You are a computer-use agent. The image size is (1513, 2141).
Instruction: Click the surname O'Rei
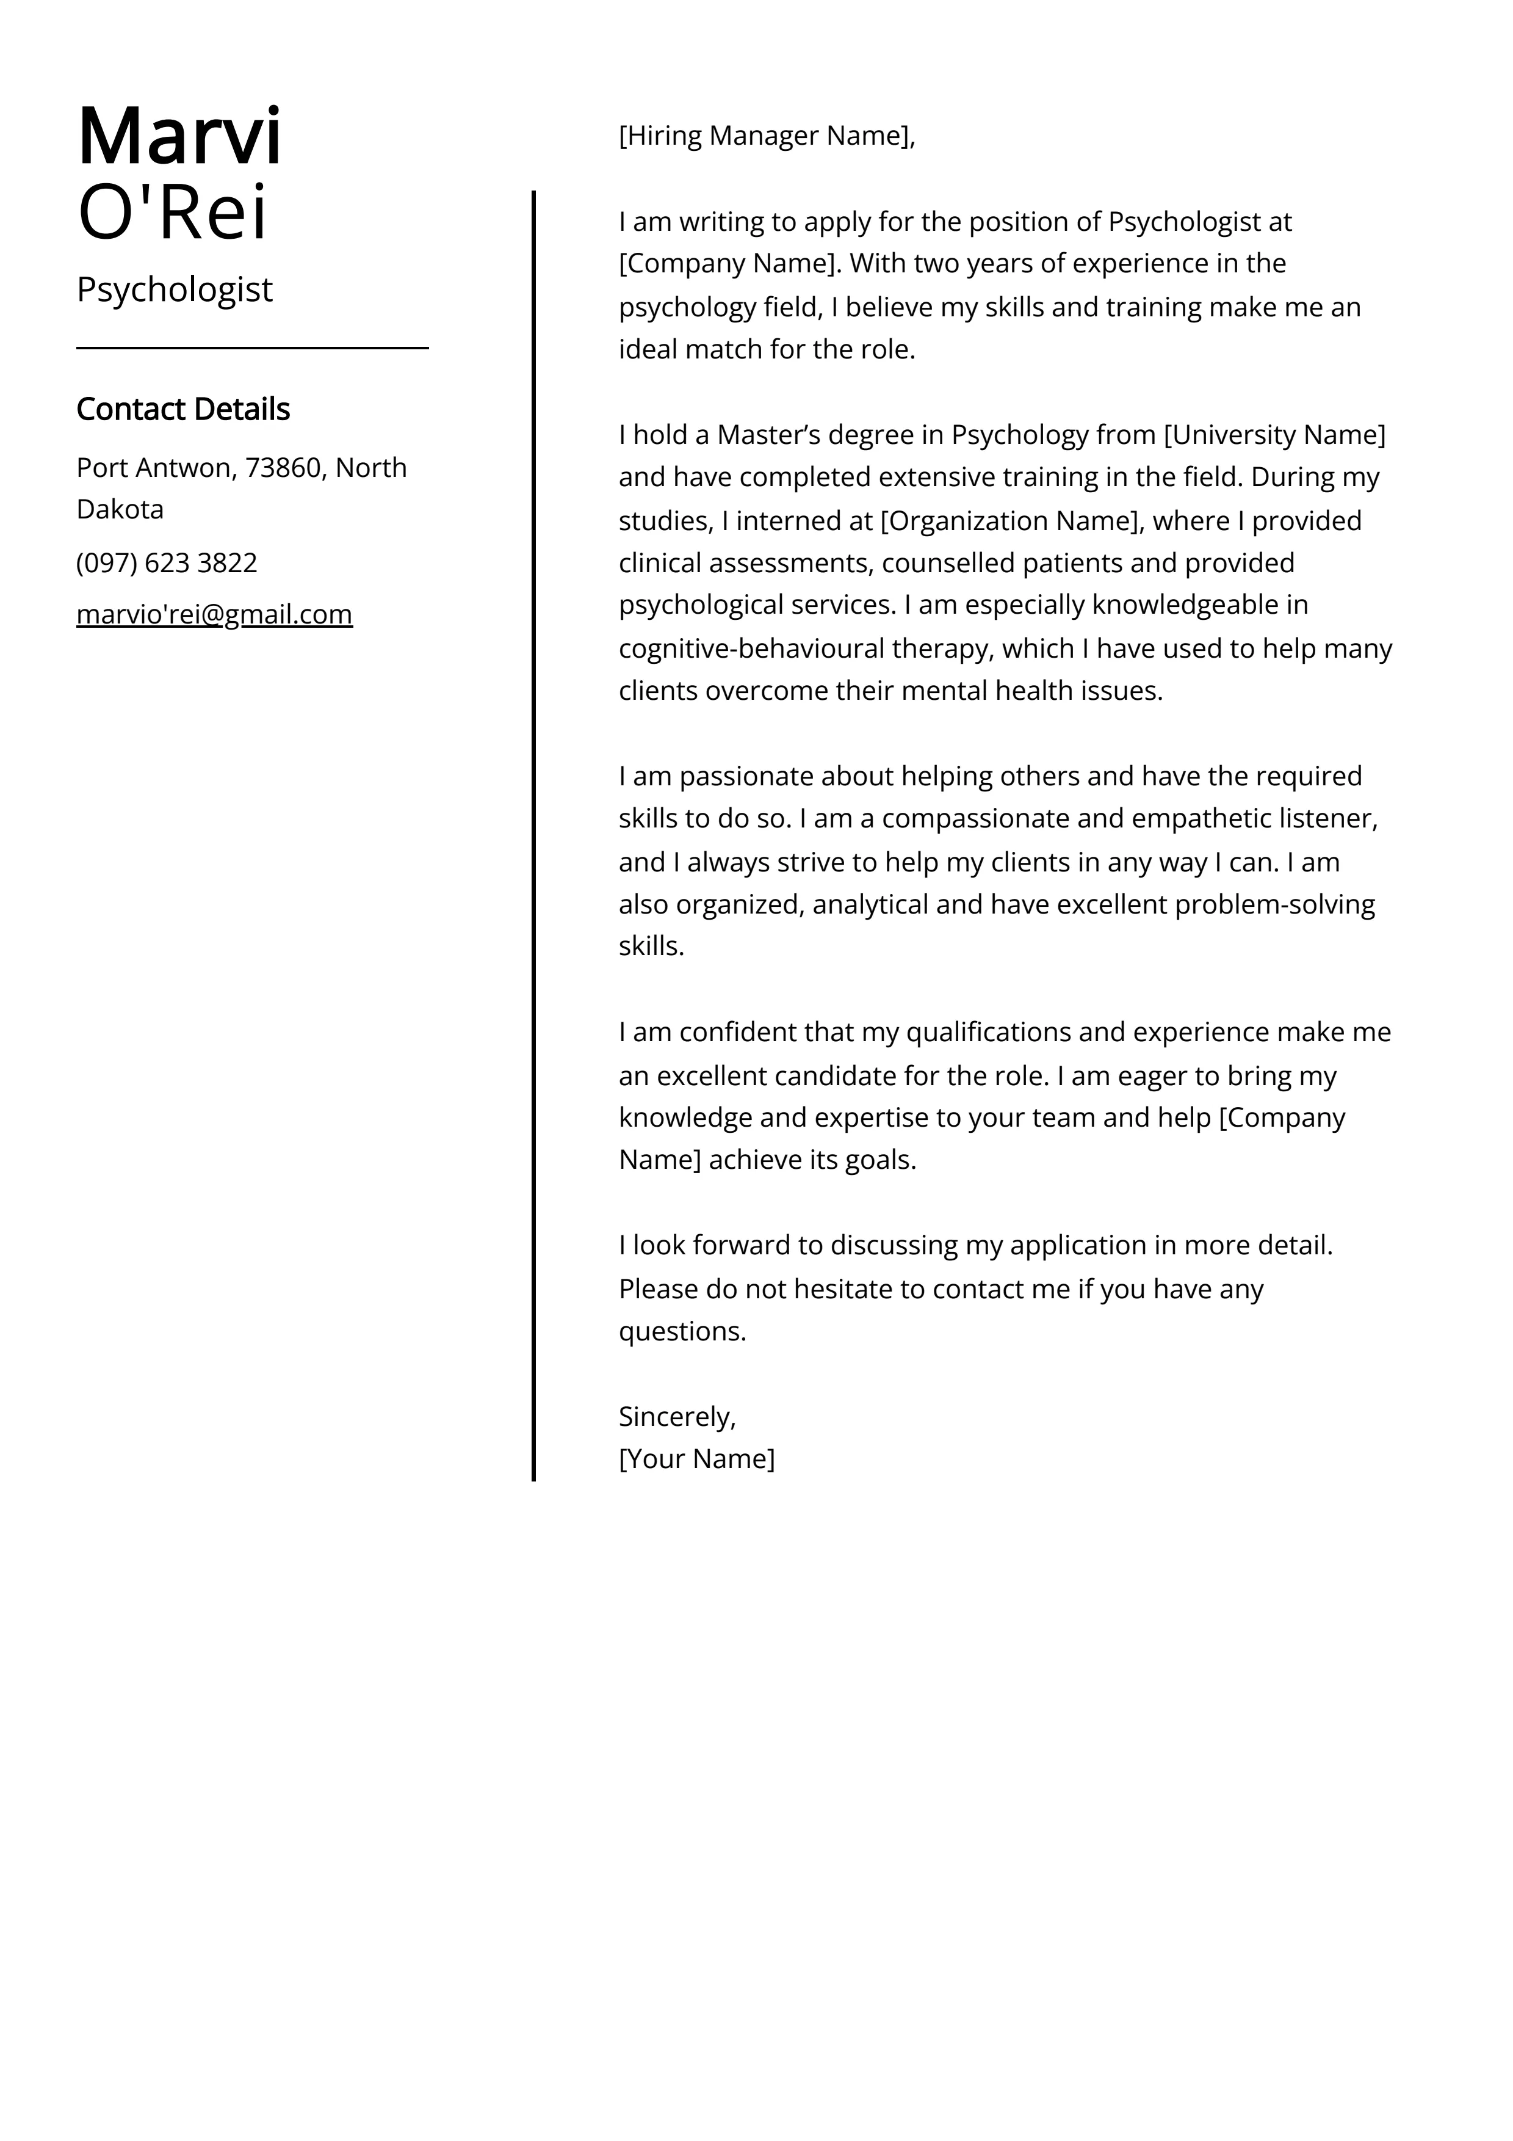tap(173, 213)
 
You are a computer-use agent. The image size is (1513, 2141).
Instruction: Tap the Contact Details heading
tap(182, 409)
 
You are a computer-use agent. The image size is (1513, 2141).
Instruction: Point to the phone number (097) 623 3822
tap(167, 563)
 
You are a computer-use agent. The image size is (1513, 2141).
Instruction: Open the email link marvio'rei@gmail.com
tap(214, 614)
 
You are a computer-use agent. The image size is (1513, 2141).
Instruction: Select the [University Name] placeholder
tap(1274, 435)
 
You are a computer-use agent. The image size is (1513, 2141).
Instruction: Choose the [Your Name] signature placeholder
tap(696, 1458)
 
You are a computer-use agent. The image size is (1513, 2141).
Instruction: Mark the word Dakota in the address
tap(120, 509)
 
